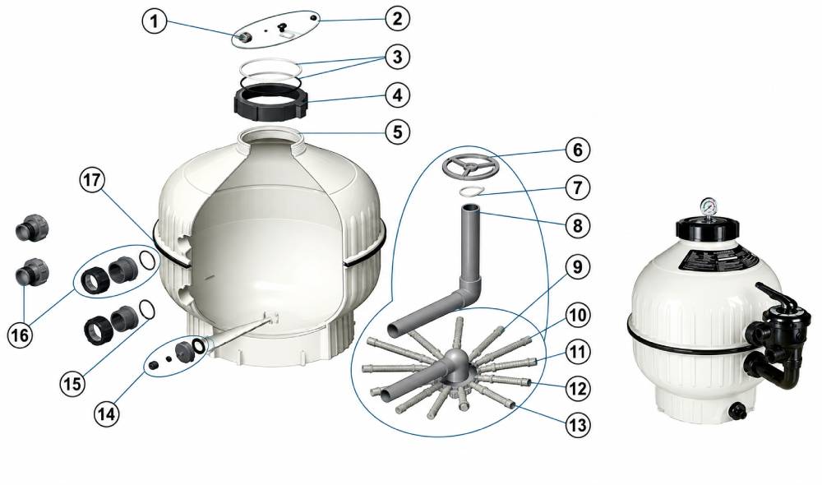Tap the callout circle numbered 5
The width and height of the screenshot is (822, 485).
(x=398, y=132)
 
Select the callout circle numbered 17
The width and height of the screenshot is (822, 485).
(x=93, y=181)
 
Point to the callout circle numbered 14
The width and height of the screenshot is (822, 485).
(x=107, y=414)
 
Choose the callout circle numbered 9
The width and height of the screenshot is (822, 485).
(x=577, y=267)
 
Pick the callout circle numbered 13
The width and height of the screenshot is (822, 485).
(x=577, y=425)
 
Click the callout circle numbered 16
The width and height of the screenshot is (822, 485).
(x=20, y=335)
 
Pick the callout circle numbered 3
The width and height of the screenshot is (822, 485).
(x=397, y=57)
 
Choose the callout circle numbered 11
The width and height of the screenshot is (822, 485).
(x=577, y=353)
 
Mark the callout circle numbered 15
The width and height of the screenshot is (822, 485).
(x=72, y=383)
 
